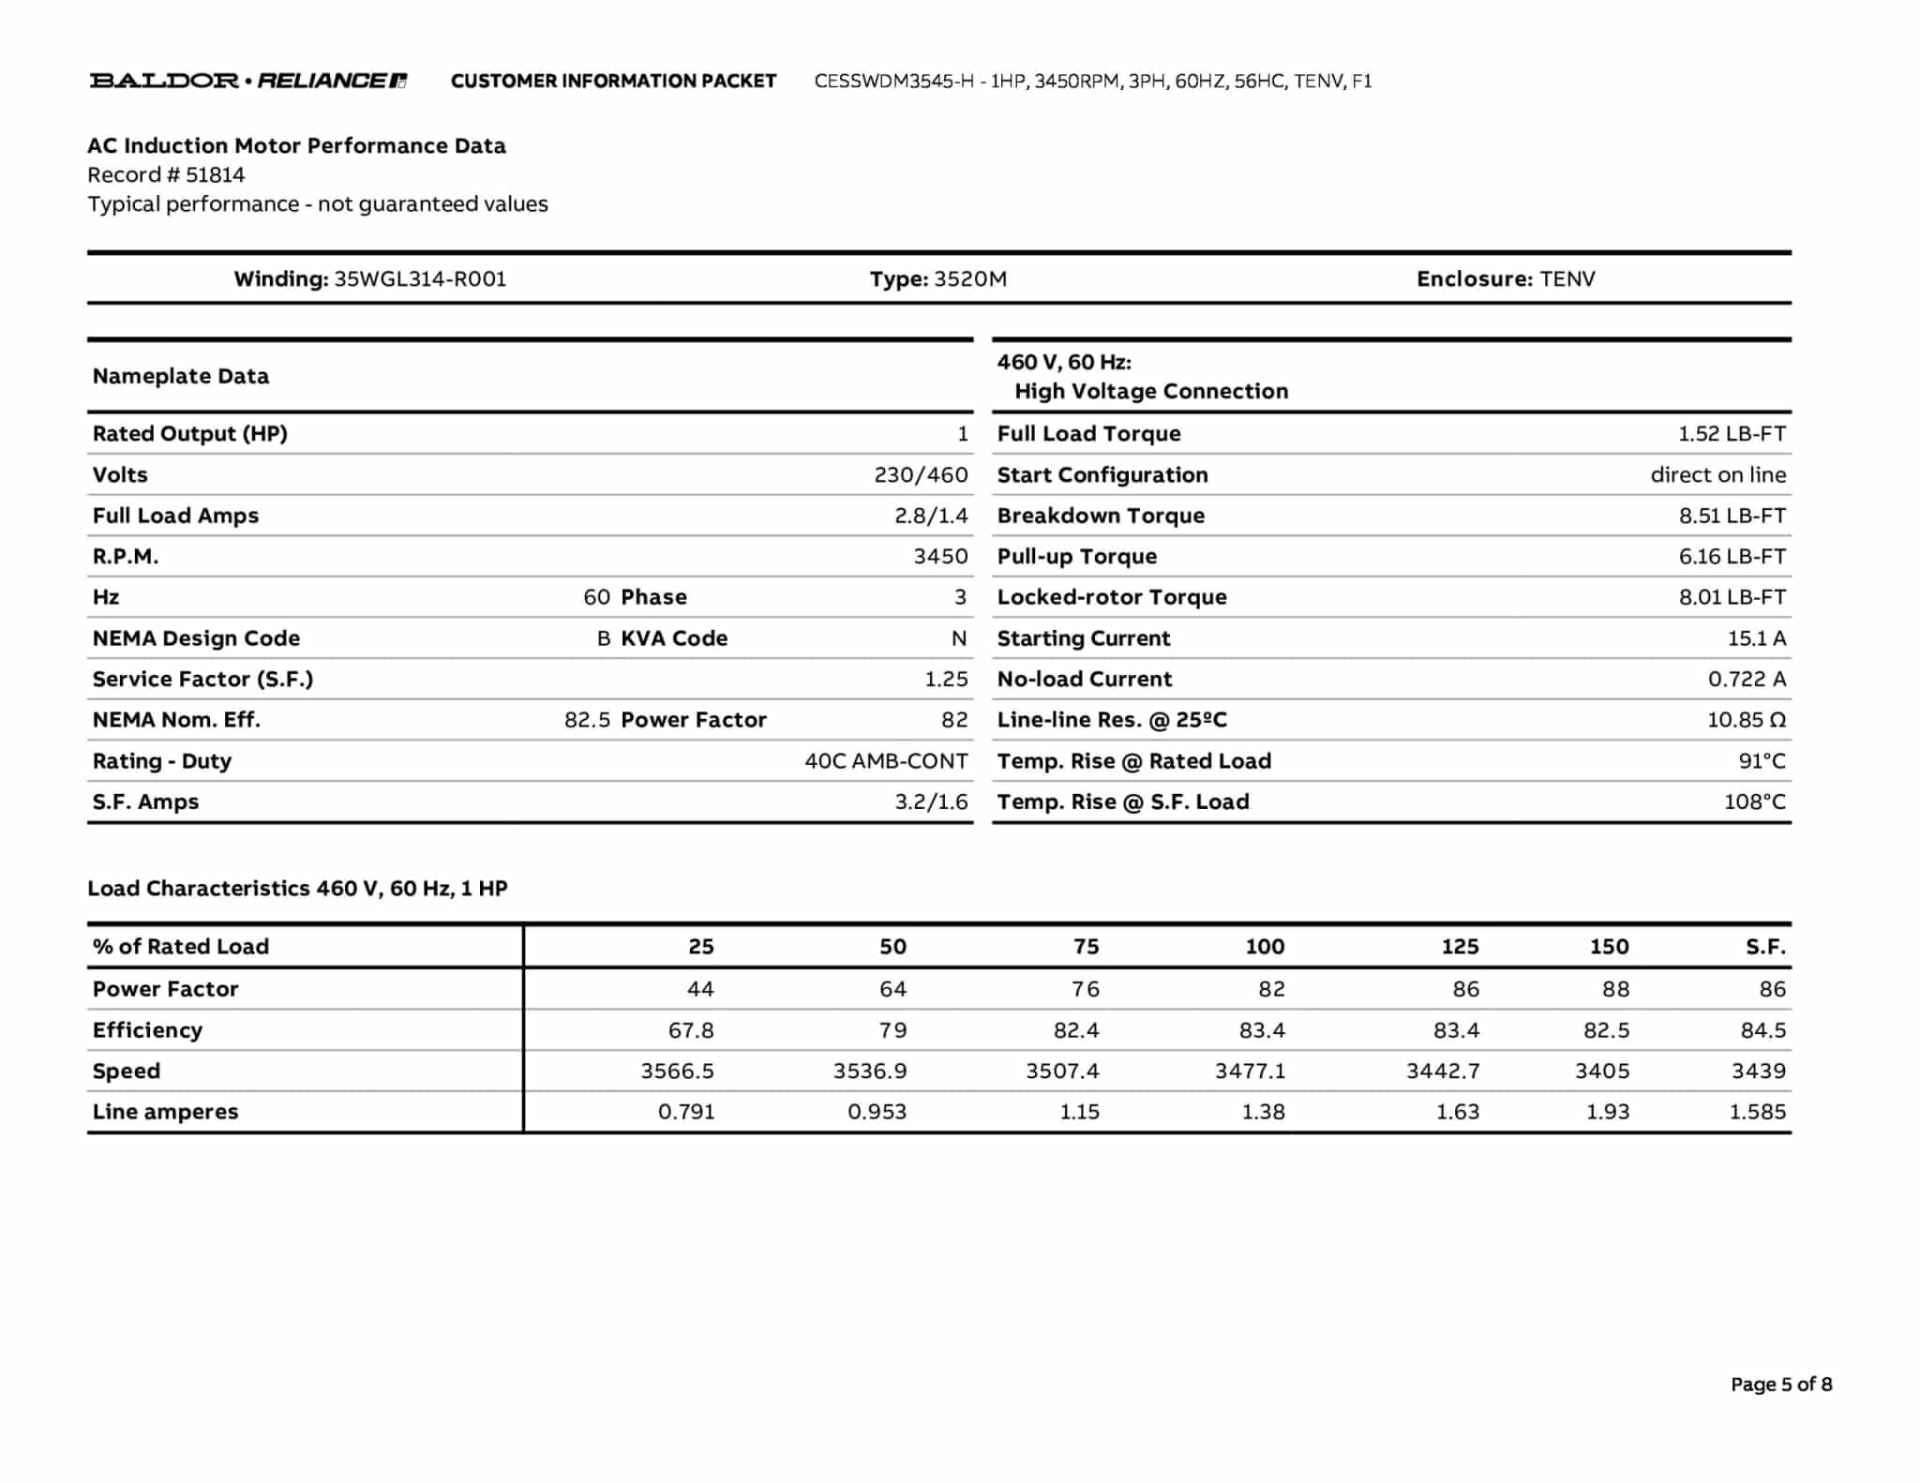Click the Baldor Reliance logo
(247, 81)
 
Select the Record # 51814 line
(166, 175)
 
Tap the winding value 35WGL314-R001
(420, 279)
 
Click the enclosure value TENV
(1567, 279)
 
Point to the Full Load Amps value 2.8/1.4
(930, 516)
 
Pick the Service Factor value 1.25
(946, 679)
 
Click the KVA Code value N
(958, 638)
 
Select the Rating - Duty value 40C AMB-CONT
(886, 761)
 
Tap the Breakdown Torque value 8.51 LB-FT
(1732, 516)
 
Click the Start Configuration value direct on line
(1717, 475)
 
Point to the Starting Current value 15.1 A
(1756, 638)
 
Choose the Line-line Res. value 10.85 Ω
(1746, 720)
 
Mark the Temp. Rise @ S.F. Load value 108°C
(1754, 801)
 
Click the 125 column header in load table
(1460, 947)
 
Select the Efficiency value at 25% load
(691, 1030)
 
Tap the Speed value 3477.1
(1250, 1071)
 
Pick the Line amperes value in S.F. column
(1757, 1112)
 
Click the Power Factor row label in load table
(165, 989)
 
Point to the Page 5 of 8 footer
(1780, 1385)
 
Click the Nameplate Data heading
(180, 376)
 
